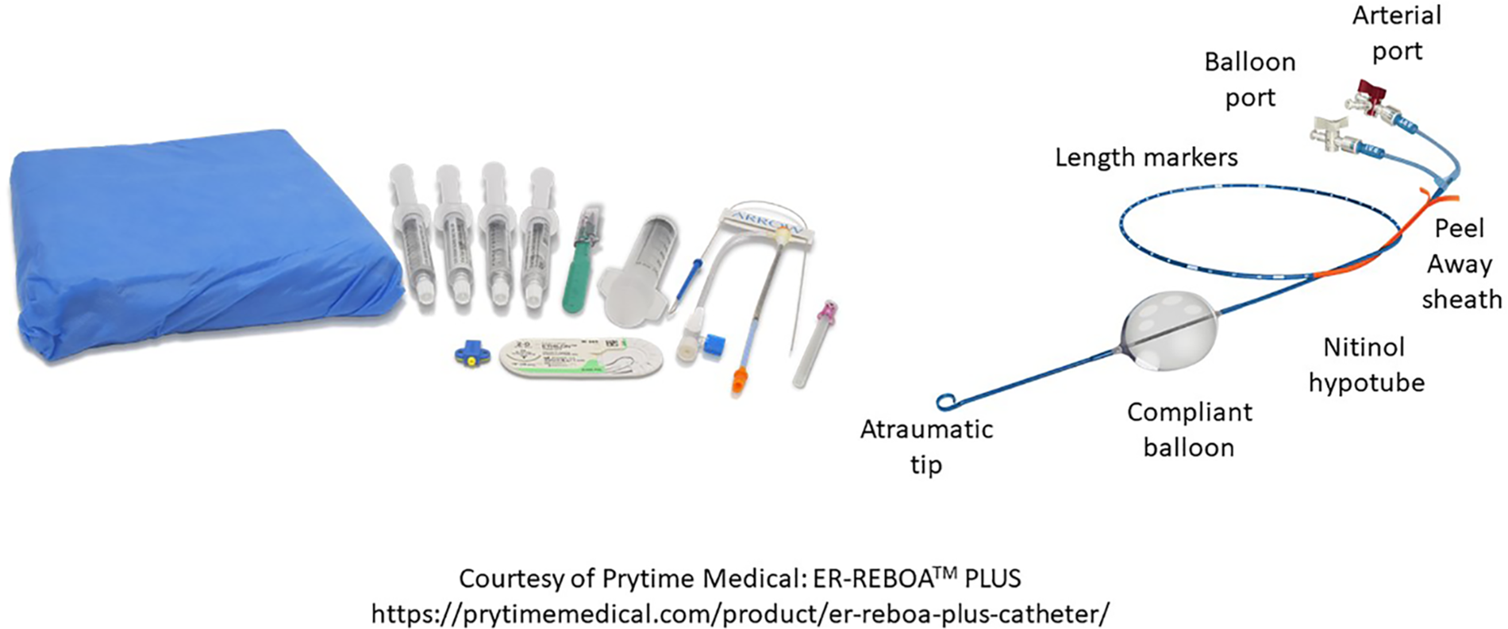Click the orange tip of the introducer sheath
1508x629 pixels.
click(x=739, y=379)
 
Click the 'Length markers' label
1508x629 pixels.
click(x=1146, y=157)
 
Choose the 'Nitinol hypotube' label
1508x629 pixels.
click(x=1365, y=365)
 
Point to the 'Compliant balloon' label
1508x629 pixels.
click(x=1189, y=430)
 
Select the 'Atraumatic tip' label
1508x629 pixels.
click(x=926, y=446)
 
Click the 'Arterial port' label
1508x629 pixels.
click(x=1397, y=33)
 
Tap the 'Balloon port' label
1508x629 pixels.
click(x=1250, y=79)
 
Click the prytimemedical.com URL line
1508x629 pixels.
click(x=740, y=613)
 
